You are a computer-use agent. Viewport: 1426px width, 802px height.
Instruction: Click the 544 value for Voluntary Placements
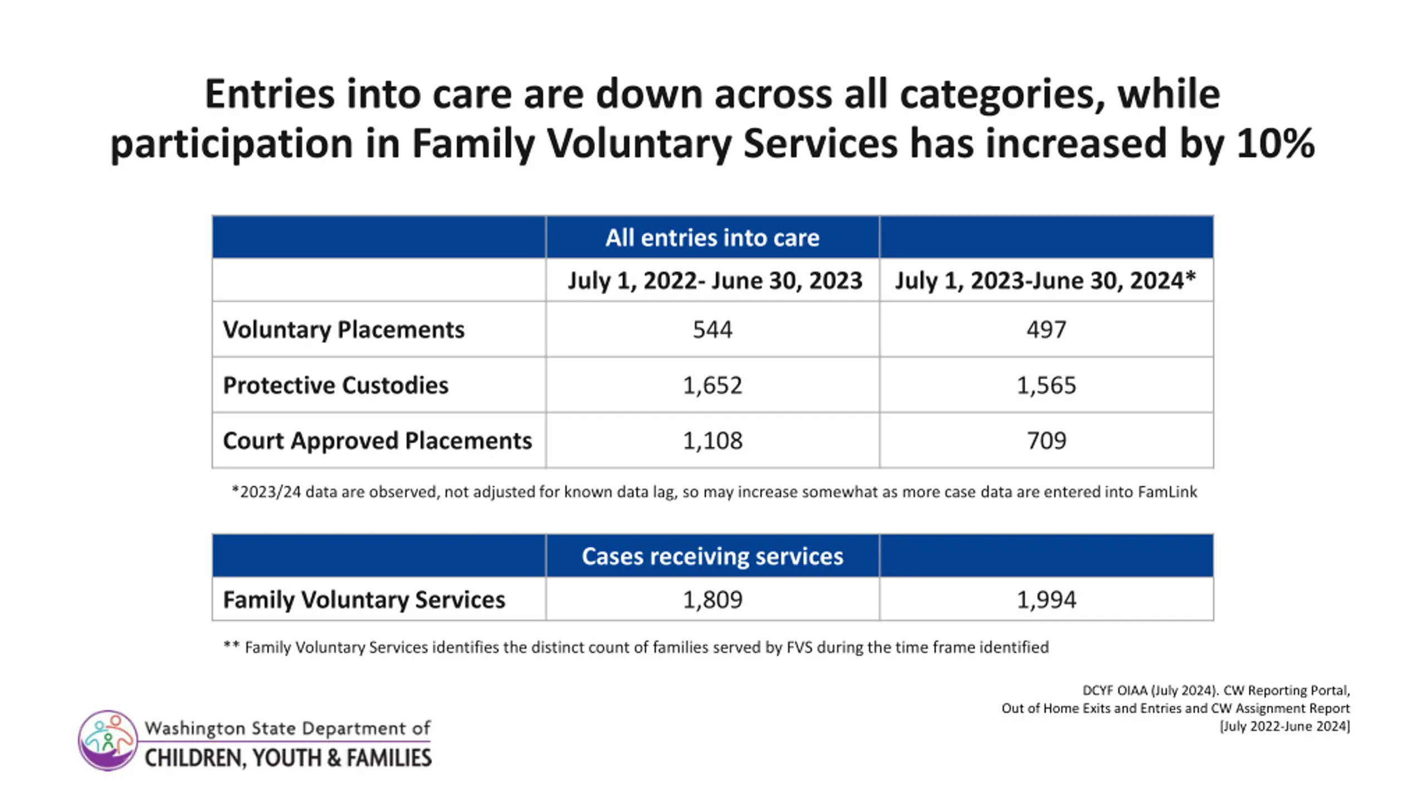(712, 329)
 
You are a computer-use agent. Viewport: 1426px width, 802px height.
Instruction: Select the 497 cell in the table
(1046, 329)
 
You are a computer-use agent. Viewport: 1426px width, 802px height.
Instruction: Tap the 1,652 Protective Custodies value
(712, 385)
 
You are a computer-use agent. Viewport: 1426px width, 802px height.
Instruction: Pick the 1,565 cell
(1046, 385)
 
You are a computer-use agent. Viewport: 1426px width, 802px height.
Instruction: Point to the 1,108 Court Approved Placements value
(712, 441)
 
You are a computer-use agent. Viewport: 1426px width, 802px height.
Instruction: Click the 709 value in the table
(1046, 441)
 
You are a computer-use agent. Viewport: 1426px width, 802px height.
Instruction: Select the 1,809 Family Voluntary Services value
(712, 599)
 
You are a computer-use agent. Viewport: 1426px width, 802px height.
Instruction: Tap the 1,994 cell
(1046, 599)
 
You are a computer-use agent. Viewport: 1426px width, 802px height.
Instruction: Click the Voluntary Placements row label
(344, 330)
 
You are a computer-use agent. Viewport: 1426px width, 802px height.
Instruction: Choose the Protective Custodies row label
(335, 385)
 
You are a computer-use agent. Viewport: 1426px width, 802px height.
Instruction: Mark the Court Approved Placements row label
(377, 441)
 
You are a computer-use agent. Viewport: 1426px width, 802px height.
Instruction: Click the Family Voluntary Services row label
(364, 600)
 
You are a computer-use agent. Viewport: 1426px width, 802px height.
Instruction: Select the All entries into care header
(712, 238)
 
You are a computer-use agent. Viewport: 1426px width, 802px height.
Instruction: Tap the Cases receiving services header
(712, 556)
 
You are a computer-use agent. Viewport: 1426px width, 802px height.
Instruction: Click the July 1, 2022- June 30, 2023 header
(715, 281)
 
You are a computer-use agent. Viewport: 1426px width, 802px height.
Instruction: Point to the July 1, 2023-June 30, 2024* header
(1046, 280)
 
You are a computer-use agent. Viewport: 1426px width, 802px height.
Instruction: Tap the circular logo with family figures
(108, 740)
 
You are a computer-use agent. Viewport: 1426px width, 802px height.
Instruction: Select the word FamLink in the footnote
(1167, 492)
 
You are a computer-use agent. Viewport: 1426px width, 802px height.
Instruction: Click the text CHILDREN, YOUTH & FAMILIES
(288, 758)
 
